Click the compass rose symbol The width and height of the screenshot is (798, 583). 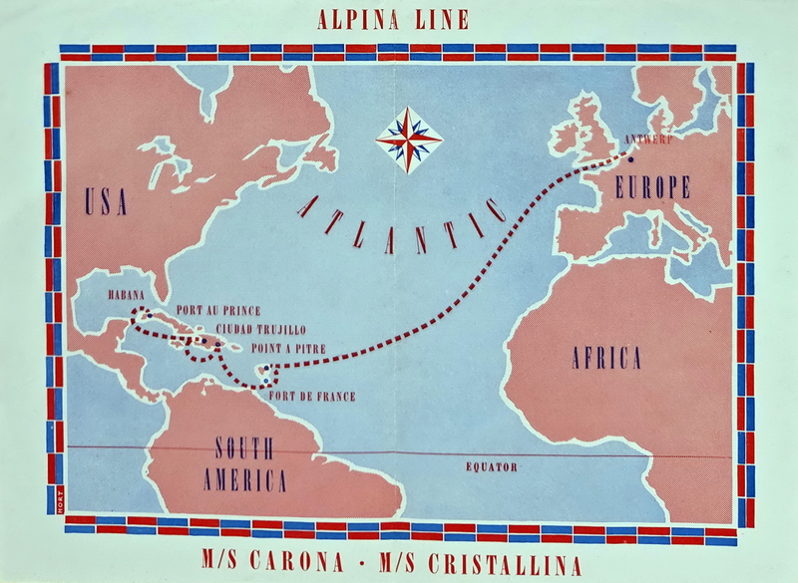(409, 140)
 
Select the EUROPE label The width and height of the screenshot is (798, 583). (653, 186)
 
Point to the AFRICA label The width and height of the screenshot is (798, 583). (605, 359)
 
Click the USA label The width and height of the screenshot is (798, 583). (107, 203)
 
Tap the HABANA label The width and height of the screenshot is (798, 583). (128, 296)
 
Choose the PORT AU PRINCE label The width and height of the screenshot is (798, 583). (216, 309)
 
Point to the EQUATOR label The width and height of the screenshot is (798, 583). (491, 466)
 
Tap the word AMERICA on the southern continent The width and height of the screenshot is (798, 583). (244, 480)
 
